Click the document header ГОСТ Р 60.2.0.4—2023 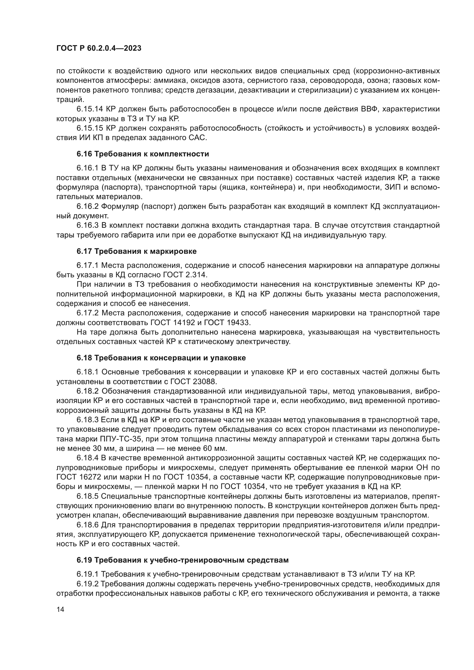point(99,48)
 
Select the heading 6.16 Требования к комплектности point(143,154)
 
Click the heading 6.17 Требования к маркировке point(137,251)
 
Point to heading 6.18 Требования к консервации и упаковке point(161,358)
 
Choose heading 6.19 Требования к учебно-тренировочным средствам point(183,560)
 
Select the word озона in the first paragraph point(380,81)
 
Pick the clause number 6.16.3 point(88,225)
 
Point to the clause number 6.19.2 point(88,583)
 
